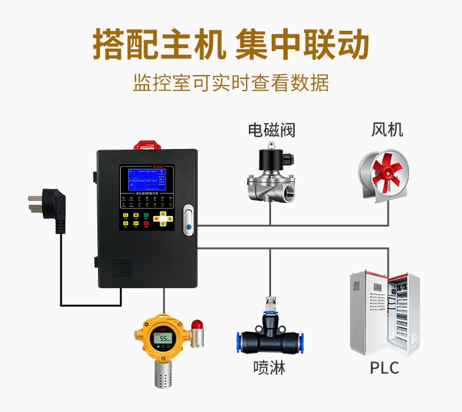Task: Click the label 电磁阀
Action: point(272,130)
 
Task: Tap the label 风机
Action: point(387,130)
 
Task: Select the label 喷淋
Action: point(269,368)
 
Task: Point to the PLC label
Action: point(384,368)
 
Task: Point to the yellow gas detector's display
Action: point(164,338)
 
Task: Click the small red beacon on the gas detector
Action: point(197,324)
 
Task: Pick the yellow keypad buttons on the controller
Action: point(165,218)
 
